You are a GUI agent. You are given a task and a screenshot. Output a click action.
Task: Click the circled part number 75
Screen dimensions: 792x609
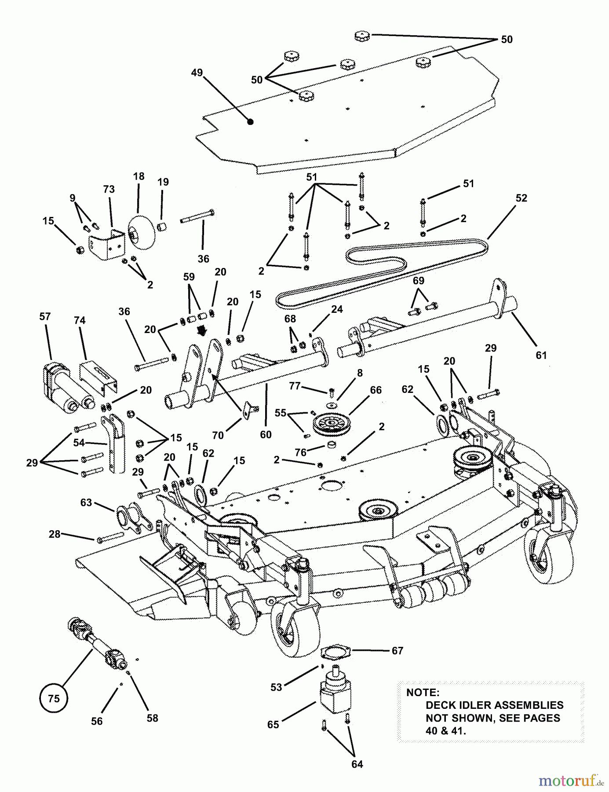pyautogui.click(x=53, y=698)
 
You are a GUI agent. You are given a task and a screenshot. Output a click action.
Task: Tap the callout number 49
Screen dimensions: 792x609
pyautogui.click(x=197, y=73)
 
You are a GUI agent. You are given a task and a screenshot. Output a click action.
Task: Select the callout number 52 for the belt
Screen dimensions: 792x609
pyautogui.click(x=521, y=198)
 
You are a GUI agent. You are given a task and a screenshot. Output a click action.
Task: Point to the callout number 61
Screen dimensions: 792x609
pyautogui.click(x=541, y=355)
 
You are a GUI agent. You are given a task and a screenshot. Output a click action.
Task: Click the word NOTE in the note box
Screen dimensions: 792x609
pyautogui.click(x=423, y=693)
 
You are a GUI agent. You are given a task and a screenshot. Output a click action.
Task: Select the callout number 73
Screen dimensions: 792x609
pyautogui.click(x=109, y=189)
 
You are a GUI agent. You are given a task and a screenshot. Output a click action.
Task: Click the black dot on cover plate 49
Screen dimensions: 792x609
pyautogui.click(x=250, y=122)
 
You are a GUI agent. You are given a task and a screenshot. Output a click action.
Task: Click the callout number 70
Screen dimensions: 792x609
pyautogui.click(x=218, y=435)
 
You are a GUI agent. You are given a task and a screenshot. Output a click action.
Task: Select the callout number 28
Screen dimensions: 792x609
pyautogui.click(x=55, y=534)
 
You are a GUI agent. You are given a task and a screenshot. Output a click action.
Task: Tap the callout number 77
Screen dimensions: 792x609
pyautogui.click(x=295, y=386)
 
